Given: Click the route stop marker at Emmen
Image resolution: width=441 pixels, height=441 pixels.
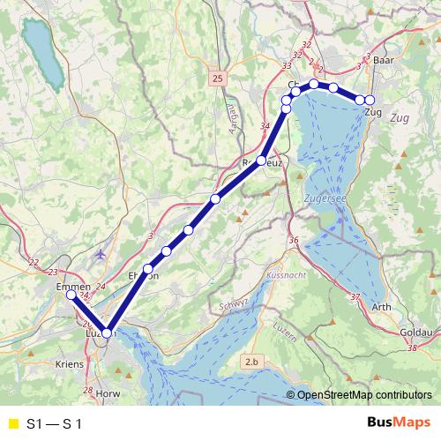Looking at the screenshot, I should [x=71, y=295].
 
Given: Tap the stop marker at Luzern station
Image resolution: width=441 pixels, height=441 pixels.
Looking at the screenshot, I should [x=107, y=333].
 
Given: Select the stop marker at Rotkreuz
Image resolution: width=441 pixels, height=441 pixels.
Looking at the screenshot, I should [x=261, y=161].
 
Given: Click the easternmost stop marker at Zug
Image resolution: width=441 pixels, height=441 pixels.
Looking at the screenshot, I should [x=370, y=100].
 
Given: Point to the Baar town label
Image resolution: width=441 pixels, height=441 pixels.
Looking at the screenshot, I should [x=383, y=61].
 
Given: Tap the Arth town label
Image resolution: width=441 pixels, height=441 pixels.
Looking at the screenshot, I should [x=383, y=307].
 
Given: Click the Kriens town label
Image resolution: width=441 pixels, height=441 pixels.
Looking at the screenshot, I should [x=69, y=363].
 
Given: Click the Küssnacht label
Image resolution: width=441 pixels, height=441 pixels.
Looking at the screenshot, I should [x=284, y=276].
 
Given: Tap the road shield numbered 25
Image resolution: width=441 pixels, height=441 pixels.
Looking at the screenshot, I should [x=218, y=79].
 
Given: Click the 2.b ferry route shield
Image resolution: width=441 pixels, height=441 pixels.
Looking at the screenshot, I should [x=253, y=362].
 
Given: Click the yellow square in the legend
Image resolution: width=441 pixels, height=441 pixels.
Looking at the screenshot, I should [x=12, y=424].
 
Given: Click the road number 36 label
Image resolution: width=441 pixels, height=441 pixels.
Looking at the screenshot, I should [x=294, y=241].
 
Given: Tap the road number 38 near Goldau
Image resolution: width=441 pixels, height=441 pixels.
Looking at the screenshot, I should [x=411, y=349].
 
